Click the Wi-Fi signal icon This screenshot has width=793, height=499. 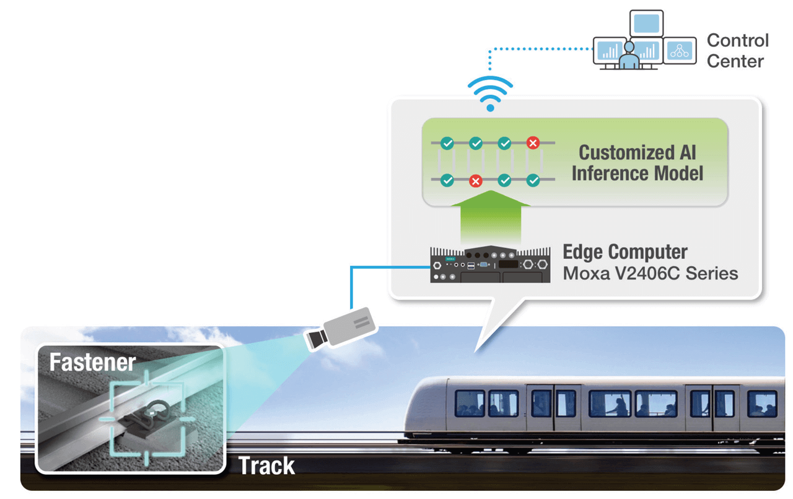pyautogui.click(x=490, y=93)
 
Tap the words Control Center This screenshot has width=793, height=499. pyautogui.click(x=737, y=51)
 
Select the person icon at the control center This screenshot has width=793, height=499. pyautogui.click(x=628, y=56)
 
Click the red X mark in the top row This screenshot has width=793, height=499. pyautogui.click(x=533, y=143)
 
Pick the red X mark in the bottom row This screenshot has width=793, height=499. pyautogui.click(x=475, y=181)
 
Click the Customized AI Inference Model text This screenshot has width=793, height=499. pyautogui.click(x=637, y=163)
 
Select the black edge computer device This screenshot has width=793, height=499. pyautogui.click(x=490, y=265)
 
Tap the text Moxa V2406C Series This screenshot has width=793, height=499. pyautogui.click(x=650, y=273)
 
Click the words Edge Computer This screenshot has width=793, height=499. pyautogui.click(x=624, y=252)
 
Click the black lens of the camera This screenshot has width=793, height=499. pyautogui.click(x=315, y=338)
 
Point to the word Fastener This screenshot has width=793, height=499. pyautogui.click(x=92, y=362)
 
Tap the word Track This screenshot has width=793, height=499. pyautogui.click(x=266, y=466)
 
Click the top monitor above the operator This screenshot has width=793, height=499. pyautogui.click(x=646, y=24)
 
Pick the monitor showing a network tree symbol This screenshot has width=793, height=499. pyautogui.click(x=680, y=51)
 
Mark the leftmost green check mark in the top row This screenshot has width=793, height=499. pyautogui.click(x=447, y=143)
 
